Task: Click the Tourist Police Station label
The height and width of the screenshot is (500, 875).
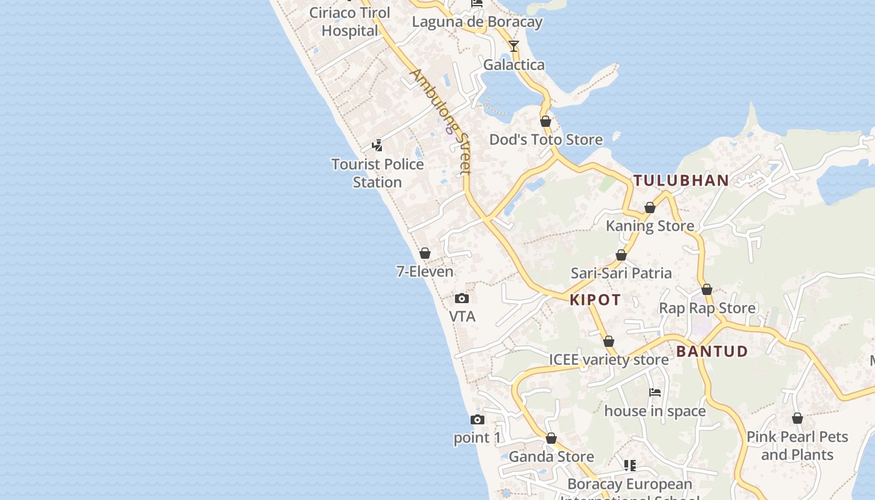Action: [x=377, y=173]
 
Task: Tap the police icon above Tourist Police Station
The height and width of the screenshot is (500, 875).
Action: [x=377, y=146]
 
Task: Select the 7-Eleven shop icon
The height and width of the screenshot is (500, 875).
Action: [x=425, y=253]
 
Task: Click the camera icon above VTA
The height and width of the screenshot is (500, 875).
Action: [x=462, y=298]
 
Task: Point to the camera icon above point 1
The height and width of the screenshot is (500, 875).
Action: [x=477, y=419]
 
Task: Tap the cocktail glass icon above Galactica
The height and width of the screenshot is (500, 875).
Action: [x=514, y=46]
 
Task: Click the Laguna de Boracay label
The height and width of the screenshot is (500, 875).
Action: [x=477, y=22]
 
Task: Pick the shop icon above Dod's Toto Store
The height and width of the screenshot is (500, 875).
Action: [x=546, y=121]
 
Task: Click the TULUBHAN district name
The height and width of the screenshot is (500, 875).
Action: [x=681, y=181]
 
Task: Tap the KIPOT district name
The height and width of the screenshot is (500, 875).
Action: [x=595, y=300]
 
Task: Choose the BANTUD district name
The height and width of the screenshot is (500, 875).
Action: [x=712, y=351]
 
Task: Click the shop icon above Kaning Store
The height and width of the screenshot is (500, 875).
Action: [x=650, y=207]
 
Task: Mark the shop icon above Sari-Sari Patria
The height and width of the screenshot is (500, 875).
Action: [x=621, y=255]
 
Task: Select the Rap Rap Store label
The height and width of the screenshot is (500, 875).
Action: [x=707, y=308]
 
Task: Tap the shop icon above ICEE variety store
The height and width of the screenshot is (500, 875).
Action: [x=609, y=341]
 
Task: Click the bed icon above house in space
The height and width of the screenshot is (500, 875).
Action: [x=655, y=392]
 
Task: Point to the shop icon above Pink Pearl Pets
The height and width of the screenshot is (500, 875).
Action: [x=797, y=418]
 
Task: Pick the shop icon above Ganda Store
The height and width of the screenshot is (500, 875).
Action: [x=551, y=439]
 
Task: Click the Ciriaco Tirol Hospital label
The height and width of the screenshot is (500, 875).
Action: [x=350, y=21]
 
